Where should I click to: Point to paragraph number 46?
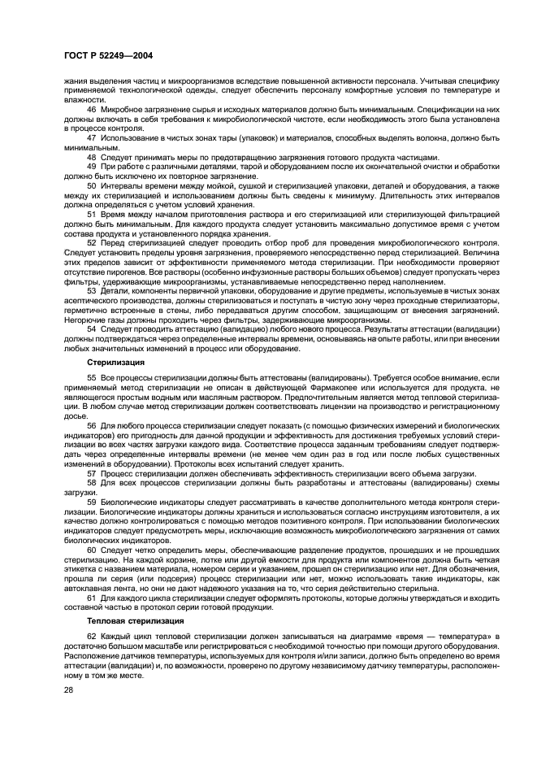[x=91, y=107]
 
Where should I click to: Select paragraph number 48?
[x=91, y=156]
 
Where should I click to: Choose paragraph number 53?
[x=91, y=289]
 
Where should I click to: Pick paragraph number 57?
[x=91, y=472]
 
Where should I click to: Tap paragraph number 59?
[x=91, y=502]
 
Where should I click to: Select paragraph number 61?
[x=91, y=596]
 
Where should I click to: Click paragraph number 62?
[x=91, y=634]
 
